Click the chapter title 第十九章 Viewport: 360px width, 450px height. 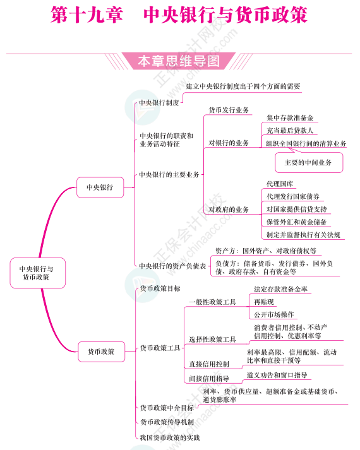[87, 15]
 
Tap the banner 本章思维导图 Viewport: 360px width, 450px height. [179, 61]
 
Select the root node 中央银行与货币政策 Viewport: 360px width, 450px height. [38, 273]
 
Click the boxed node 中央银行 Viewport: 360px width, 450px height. [100, 187]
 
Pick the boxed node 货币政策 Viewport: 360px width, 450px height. [101, 352]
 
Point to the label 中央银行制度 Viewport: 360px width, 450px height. [159, 102]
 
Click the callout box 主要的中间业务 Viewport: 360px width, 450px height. [309, 163]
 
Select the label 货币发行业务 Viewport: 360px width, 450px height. [229, 110]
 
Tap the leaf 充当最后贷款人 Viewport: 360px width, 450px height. [290, 131]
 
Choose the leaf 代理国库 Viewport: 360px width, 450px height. [280, 184]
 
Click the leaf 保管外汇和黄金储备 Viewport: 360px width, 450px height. [297, 222]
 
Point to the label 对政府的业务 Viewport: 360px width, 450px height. [229, 210]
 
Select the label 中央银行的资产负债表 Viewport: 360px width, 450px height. [172, 266]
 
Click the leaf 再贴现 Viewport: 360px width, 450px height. [264, 302]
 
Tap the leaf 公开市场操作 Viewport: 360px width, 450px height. [274, 314]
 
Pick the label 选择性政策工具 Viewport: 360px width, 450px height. [212, 340]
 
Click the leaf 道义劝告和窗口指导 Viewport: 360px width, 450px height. [277, 375]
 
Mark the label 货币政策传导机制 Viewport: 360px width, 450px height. [167, 422]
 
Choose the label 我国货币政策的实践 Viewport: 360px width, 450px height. [170, 437]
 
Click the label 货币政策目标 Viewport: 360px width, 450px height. [160, 288]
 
